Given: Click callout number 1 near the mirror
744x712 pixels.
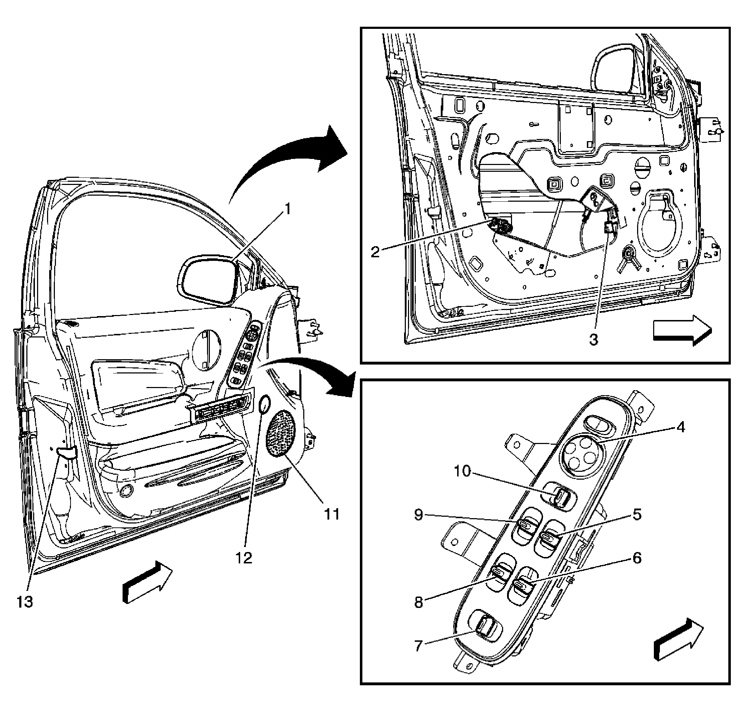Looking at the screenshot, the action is point(288,208).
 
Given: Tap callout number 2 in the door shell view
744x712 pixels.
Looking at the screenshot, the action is point(375,252).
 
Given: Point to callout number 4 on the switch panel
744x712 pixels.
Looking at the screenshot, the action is point(681,427).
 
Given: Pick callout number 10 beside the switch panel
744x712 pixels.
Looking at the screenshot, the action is point(463,471).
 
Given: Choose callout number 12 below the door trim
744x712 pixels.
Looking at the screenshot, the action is point(244,558).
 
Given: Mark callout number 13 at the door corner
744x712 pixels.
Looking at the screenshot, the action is point(25,602).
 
